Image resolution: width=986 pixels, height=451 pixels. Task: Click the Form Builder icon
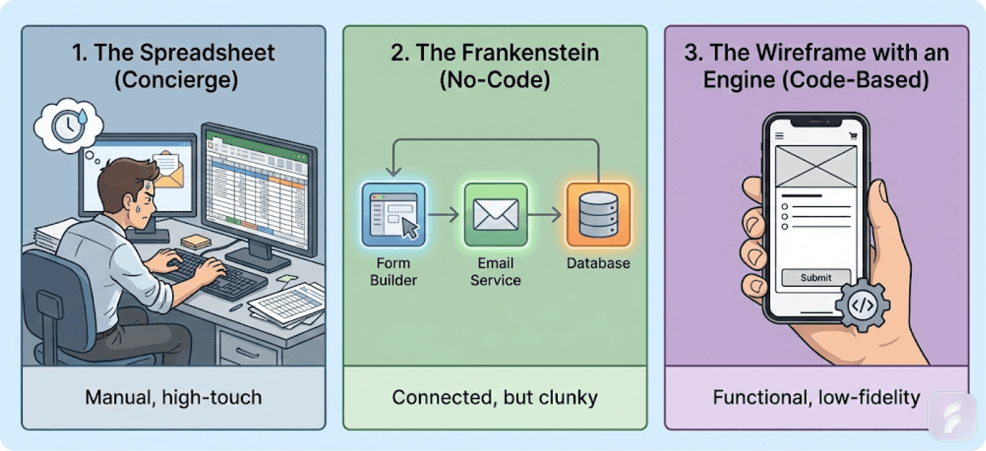394,215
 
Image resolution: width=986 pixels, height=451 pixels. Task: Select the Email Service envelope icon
495,215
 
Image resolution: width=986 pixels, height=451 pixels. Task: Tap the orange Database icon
598,215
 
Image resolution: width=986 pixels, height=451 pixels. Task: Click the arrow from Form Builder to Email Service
444,215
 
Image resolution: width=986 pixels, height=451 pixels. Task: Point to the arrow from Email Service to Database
545,215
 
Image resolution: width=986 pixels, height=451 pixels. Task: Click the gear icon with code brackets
863,305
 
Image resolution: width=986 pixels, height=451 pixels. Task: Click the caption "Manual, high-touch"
173,397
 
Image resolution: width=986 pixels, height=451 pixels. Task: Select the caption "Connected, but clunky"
495,397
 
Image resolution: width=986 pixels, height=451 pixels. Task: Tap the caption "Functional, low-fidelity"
816,397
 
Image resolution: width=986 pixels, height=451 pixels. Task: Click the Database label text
598,263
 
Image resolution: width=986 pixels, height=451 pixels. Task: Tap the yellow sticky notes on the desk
196,242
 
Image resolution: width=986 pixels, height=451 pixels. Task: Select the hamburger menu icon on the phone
779,136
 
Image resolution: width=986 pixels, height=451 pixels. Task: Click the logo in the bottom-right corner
953,416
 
